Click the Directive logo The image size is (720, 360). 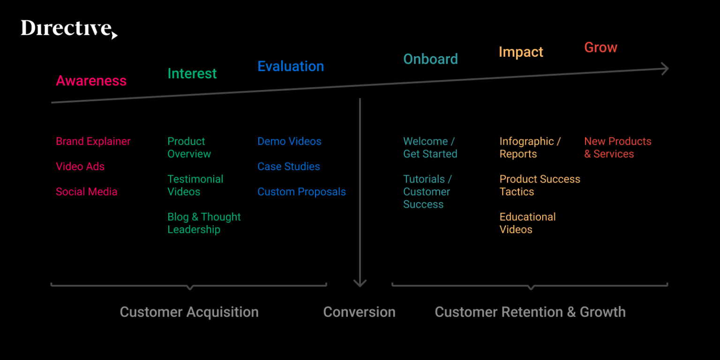point(68,29)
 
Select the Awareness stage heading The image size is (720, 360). point(91,81)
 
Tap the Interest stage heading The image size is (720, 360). point(192,74)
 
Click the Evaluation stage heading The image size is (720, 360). point(291,67)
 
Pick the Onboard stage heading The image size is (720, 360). point(430,59)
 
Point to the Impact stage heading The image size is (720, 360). point(521,52)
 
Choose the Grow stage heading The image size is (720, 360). point(600,47)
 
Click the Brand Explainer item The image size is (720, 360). point(93,142)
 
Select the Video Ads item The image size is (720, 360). point(80,167)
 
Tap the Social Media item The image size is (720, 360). point(87,192)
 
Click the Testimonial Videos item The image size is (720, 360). point(195,186)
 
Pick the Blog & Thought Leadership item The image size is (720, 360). point(204,223)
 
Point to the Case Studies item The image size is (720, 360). point(289,167)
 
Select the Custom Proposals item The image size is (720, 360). point(301,192)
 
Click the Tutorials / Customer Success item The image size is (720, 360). point(427,192)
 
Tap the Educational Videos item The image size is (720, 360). point(527,223)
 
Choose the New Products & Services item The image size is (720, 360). point(617,148)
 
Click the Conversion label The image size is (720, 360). point(359,312)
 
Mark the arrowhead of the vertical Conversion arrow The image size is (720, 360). point(360,283)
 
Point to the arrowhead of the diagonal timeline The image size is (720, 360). point(665,68)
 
